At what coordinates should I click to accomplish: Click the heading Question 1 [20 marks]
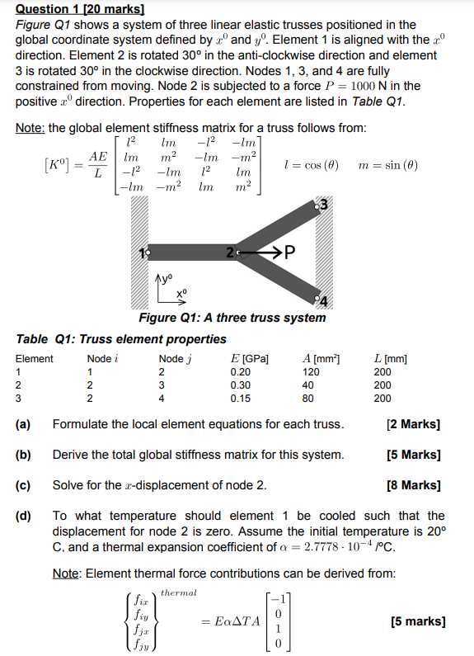coord(80,9)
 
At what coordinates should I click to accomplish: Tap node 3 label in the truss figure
coord(324,204)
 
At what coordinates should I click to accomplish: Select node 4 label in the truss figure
coord(324,301)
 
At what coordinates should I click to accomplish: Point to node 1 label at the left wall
coord(143,252)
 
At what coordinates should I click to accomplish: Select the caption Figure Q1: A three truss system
coord(232,318)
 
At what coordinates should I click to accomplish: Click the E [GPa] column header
coord(251,359)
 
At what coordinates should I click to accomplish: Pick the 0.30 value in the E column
coord(242,385)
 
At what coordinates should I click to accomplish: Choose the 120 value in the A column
coord(310,372)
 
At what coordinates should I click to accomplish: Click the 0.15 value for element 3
coord(242,399)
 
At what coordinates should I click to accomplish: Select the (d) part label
coord(24,516)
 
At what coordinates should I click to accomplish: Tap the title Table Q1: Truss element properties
coord(121,339)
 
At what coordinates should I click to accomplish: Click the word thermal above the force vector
coord(179,592)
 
